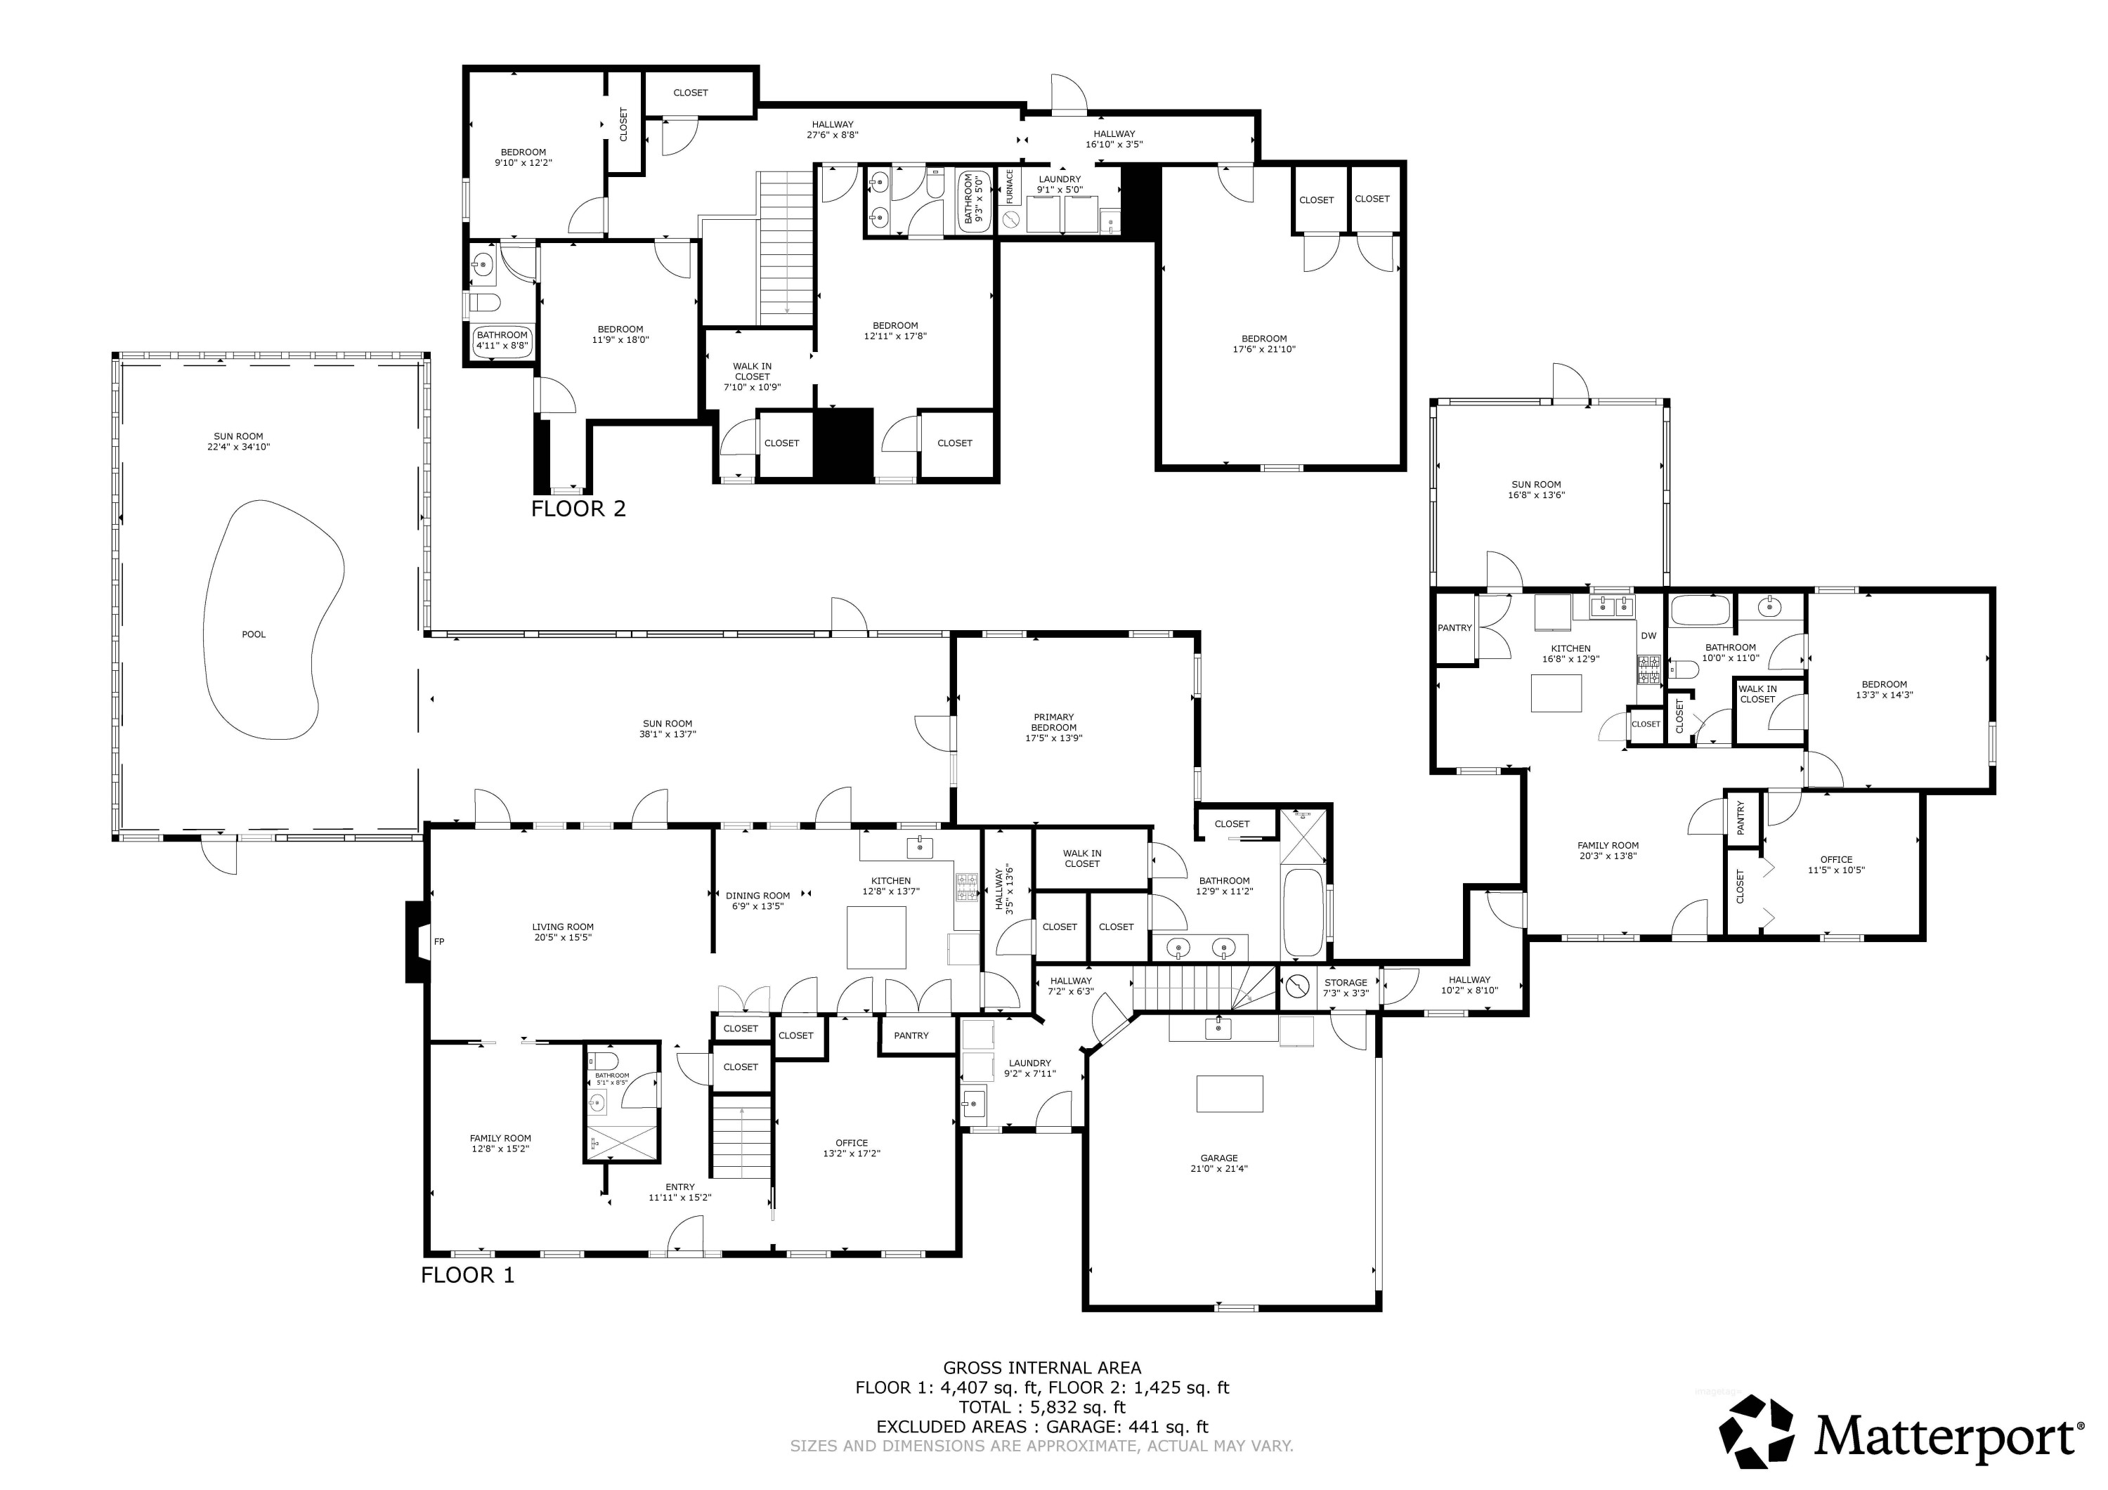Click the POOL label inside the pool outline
click(254, 634)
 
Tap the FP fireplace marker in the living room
click(439, 941)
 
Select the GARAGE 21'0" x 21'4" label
click(1218, 1163)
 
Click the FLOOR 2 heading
click(578, 509)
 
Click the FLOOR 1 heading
click(467, 1274)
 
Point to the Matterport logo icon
click(1755, 1431)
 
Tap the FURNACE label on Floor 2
click(1009, 186)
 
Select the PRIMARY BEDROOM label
click(1053, 727)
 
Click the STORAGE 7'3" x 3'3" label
click(1345, 988)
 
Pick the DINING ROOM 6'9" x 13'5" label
click(757, 901)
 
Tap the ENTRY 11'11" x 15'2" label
click(679, 1191)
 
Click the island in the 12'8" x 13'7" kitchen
click(876, 937)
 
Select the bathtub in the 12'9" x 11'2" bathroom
click(1302, 913)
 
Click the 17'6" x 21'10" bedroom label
click(1263, 344)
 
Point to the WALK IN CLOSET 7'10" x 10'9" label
click(752, 377)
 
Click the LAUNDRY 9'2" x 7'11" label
click(1029, 1068)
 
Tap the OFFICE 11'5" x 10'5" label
click(1835, 865)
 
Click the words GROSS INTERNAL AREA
click(1042, 1368)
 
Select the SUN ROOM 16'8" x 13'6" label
click(1535, 490)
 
